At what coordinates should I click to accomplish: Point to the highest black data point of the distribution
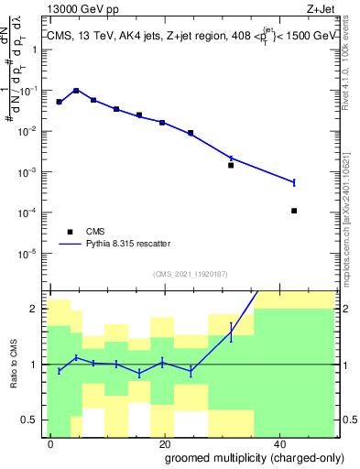[76, 91]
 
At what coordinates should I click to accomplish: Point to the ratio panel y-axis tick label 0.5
[29, 420]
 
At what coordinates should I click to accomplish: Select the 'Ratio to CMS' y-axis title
[14, 364]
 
